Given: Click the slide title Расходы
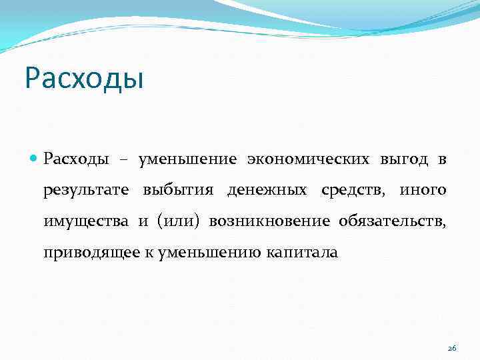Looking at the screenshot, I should (x=84, y=79).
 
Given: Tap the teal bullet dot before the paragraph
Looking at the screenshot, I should (x=34, y=159).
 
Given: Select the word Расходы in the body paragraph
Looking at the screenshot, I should (x=77, y=159).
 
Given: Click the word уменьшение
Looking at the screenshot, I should (x=187, y=159).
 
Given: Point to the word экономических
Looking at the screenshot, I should (x=308, y=159).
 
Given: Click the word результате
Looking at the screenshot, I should (x=86, y=191).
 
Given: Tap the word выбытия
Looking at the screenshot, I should (x=178, y=191).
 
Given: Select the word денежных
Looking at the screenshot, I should (x=267, y=191).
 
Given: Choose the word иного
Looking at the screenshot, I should (x=423, y=191).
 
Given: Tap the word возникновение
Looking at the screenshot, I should (x=269, y=222).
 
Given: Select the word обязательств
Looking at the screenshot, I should (x=393, y=222).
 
